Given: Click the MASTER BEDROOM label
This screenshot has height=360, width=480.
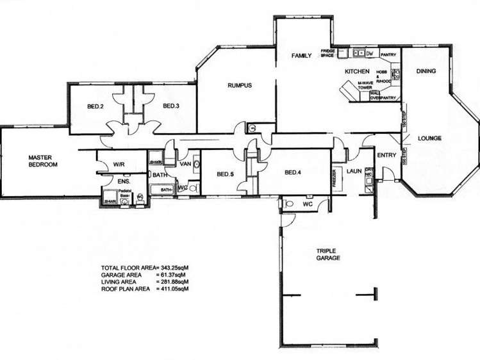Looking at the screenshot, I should [44, 161].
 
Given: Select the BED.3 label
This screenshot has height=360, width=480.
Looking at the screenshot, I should [170, 106].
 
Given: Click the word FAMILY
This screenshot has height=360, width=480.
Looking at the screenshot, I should [301, 56].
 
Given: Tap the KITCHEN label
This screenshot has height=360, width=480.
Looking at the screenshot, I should [356, 71].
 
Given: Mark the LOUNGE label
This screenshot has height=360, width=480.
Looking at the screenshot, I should [429, 138].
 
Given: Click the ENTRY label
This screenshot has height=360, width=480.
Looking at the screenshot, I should [387, 155].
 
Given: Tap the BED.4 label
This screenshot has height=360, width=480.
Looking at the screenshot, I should [292, 172].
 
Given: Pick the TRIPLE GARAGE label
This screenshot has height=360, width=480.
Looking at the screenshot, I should [327, 254].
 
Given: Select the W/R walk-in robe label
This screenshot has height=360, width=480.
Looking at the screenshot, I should [119, 164].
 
